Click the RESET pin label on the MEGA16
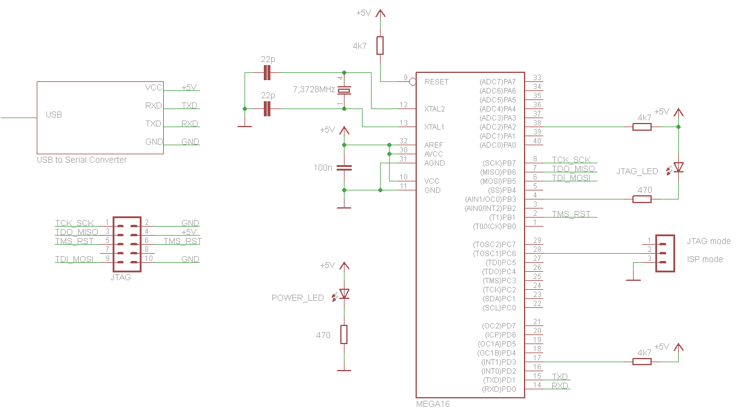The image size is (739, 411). tap(436, 81)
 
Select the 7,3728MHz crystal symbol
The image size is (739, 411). tap(344, 90)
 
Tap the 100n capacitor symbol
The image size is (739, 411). tap(344, 168)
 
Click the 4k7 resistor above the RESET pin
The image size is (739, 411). tap(380, 46)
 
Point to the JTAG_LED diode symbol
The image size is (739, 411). tap(678, 168)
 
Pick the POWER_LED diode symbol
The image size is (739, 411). tap(344, 293)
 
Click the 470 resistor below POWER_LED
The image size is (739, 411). tap(344, 334)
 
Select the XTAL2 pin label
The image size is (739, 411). tap(434, 109)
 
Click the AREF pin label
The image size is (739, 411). tap(434, 145)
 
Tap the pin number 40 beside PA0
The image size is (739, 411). tap(537, 141)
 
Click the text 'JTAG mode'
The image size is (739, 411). tap(709, 241)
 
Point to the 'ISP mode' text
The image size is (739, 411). tap(705, 259)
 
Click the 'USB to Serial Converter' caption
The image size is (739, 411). tap(82, 160)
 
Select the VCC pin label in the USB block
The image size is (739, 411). tap(154, 87)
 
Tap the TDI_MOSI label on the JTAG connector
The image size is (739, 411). tap(74, 259)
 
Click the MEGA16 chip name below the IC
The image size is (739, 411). tap(432, 404)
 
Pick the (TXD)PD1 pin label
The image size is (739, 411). tap(499, 380)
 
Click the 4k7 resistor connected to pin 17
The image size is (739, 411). tap(641, 362)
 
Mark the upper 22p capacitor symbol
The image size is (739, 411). tap(267, 73)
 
